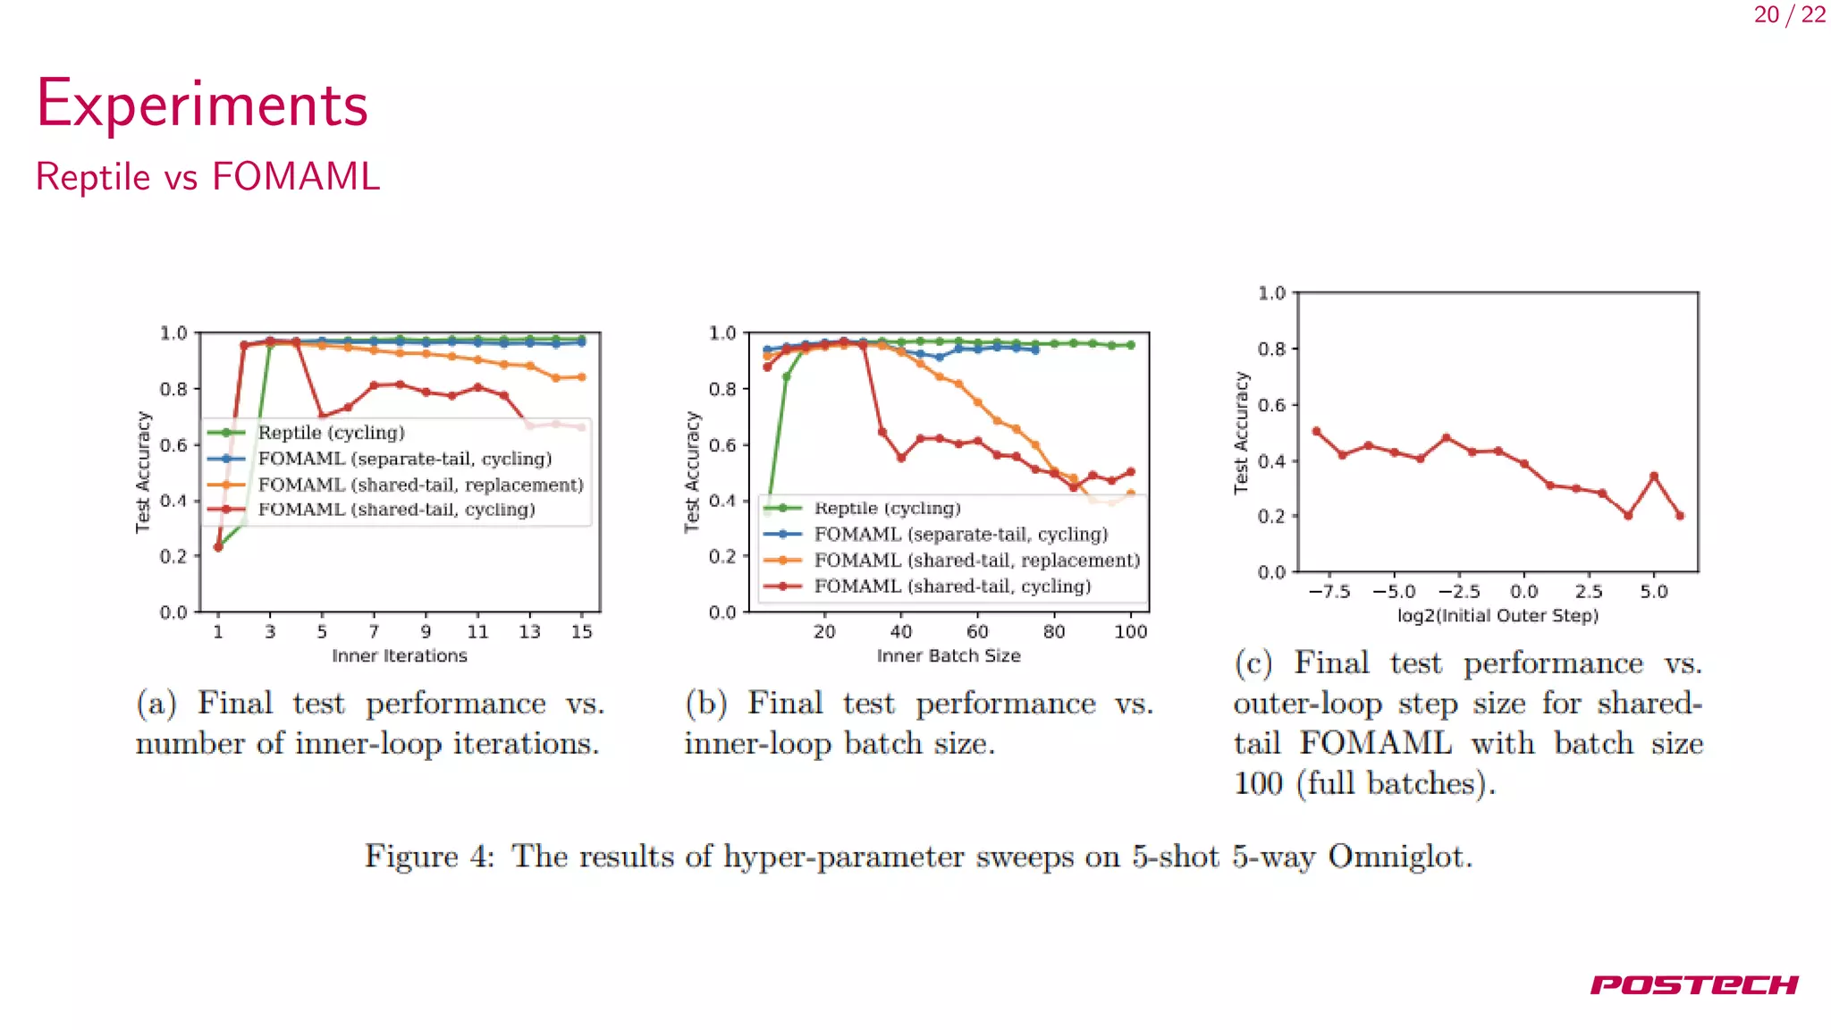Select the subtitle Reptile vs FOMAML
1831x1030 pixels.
click(207, 177)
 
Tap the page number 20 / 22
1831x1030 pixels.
click(1789, 15)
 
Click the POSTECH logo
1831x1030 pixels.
click(1693, 984)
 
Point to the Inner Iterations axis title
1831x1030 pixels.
click(399, 656)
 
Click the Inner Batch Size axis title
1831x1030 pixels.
click(948, 656)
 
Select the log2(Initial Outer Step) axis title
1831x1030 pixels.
click(1498, 616)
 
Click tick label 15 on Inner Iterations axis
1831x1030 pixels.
click(581, 632)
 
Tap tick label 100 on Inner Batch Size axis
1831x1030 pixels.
click(1130, 632)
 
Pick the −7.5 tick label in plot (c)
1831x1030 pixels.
click(1329, 592)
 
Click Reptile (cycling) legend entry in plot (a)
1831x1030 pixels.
click(331, 433)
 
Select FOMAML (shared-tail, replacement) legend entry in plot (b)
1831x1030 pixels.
click(976, 561)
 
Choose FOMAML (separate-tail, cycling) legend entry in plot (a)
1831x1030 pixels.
click(404, 459)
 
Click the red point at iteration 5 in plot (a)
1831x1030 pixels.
click(322, 416)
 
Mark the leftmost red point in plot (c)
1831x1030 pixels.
click(1316, 432)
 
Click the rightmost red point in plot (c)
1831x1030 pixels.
click(1680, 516)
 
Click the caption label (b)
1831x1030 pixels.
click(706, 704)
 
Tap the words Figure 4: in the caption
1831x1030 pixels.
click(429, 857)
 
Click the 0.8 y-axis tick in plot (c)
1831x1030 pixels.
click(1271, 349)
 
